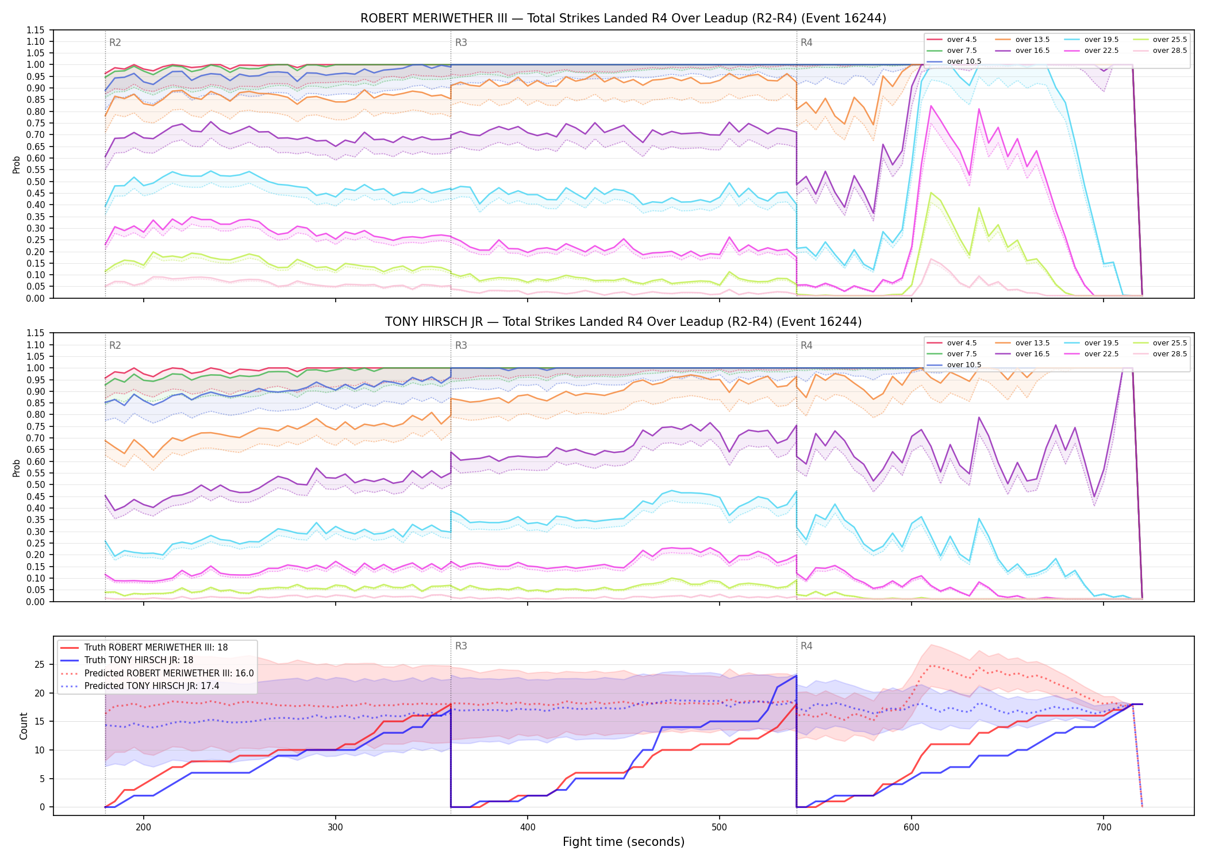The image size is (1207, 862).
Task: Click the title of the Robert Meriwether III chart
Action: (623, 18)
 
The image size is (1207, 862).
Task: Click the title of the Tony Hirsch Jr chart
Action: (623, 322)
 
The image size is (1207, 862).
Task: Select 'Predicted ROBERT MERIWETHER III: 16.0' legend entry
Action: (157, 673)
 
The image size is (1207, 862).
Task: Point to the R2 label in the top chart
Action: (115, 43)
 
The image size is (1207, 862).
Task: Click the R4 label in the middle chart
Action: (806, 345)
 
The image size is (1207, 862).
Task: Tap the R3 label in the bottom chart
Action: (461, 646)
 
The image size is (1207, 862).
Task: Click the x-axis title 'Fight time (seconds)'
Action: (624, 842)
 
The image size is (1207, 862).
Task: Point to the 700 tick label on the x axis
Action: (1104, 828)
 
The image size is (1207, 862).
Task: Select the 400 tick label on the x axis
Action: (528, 828)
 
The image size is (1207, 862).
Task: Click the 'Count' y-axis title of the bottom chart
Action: (24, 726)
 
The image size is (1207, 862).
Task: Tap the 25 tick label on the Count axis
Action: (39, 665)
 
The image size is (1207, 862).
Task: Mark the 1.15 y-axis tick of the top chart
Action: (36, 30)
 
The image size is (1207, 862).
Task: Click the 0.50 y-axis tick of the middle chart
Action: (36, 484)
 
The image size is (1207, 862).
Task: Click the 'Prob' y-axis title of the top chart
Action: (17, 164)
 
